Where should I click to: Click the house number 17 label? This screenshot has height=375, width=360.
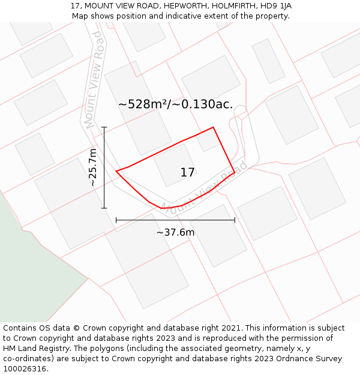tap(187, 173)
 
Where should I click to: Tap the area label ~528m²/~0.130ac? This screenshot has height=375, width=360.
tap(175, 104)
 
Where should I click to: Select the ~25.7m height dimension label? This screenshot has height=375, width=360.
tap(93, 167)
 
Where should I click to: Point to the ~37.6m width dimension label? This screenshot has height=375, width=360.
tap(175, 232)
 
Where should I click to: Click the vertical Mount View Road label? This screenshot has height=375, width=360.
tap(94, 80)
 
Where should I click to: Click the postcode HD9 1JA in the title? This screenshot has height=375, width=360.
tap(276, 6)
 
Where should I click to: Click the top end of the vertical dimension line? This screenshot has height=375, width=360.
tap(104, 127)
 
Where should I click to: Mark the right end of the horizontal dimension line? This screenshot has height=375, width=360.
tap(235, 220)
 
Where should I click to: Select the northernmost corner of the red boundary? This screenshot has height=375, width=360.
tap(214, 127)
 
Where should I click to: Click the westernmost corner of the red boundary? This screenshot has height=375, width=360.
tap(116, 171)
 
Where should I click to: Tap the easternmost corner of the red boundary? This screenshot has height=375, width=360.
tap(235, 172)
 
